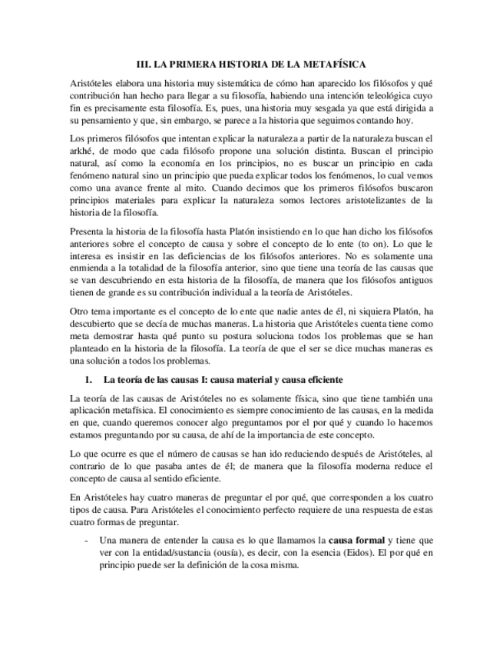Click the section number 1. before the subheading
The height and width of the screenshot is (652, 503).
click(x=88, y=380)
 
